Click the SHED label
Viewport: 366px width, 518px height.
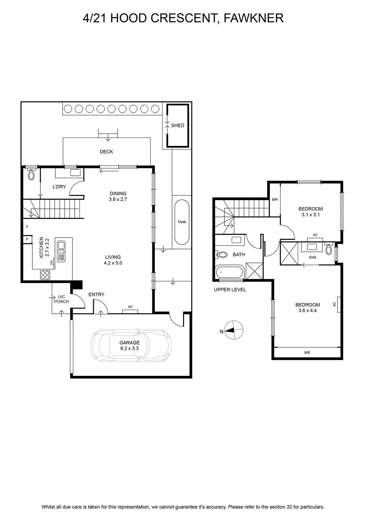[178, 126]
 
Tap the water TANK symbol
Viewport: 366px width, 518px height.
[182, 222]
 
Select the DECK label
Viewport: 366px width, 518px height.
[106, 152]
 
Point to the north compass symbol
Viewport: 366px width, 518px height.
[234, 330]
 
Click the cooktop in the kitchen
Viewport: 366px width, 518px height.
[45, 275]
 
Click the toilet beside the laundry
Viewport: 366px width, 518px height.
[31, 174]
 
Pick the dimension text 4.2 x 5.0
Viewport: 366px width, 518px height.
[113, 263]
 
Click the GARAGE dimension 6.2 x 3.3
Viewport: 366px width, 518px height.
[130, 348]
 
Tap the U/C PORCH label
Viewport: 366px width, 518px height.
[62, 299]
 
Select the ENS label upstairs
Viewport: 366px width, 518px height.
[312, 257]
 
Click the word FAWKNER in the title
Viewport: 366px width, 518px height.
[253, 18]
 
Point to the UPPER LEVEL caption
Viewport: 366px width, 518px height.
[230, 289]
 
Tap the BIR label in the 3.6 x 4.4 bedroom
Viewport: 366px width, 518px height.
[307, 353]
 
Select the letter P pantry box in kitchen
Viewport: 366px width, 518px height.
[27, 239]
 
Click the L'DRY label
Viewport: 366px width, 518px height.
[59, 186]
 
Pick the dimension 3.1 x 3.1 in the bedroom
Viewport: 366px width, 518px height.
[311, 215]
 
